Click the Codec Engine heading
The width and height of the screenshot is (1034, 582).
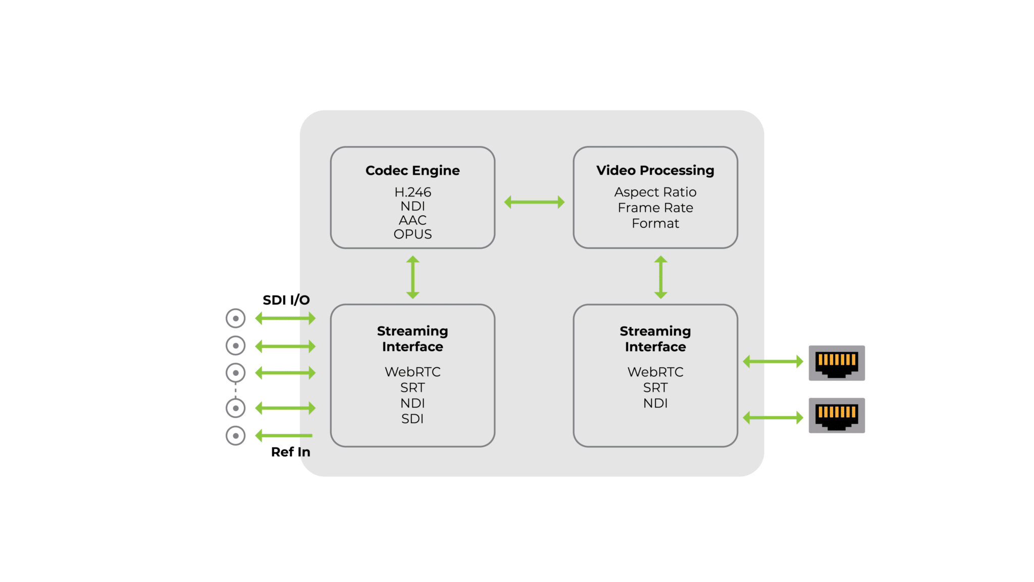coord(412,171)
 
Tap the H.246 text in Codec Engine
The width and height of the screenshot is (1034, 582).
coord(412,192)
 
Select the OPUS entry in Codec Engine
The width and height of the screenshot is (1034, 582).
coord(412,234)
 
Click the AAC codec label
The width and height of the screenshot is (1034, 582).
coord(412,220)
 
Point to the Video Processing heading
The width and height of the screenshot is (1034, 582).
coord(655,171)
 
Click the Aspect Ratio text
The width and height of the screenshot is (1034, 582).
coord(655,192)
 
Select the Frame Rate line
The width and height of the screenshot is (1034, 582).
coord(655,208)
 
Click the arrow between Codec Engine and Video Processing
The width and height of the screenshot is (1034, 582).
coord(534,202)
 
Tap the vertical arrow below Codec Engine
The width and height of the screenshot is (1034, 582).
coord(413,277)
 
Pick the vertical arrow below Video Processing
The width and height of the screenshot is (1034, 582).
coord(661,277)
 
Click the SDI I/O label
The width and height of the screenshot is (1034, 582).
coord(286,300)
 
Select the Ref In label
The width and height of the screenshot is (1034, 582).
coord(291,452)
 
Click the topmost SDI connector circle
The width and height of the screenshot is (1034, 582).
coord(235,318)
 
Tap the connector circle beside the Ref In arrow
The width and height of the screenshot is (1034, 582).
coord(235,435)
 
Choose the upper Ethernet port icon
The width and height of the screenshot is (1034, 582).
coord(837,363)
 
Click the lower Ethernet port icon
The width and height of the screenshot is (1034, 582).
coord(837,415)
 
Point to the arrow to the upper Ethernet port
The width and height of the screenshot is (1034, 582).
coord(773,362)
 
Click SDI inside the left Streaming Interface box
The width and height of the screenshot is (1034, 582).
coord(412,419)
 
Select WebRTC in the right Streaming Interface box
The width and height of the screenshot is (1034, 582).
coord(655,372)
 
